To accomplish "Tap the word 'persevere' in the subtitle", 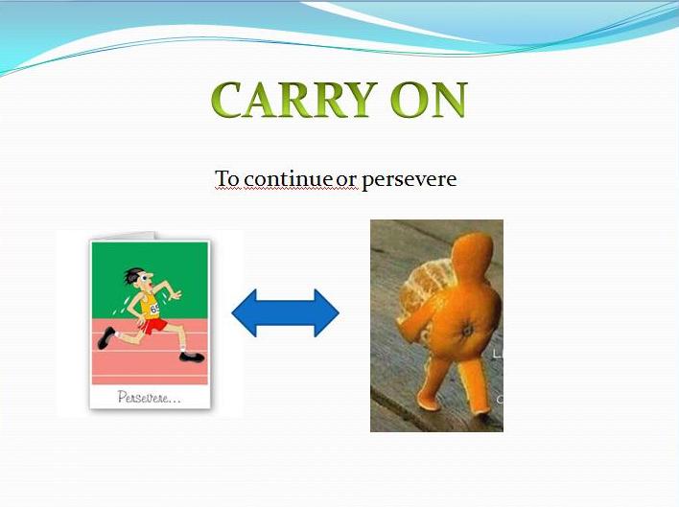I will click(409, 180).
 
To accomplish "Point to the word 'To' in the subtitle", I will click(226, 179).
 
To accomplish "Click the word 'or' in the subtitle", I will click(345, 180).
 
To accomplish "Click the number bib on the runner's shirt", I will click(155, 306).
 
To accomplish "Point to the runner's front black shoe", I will click(192, 357).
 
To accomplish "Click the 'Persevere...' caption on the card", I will click(148, 396).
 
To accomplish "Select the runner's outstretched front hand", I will click(175, 295).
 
